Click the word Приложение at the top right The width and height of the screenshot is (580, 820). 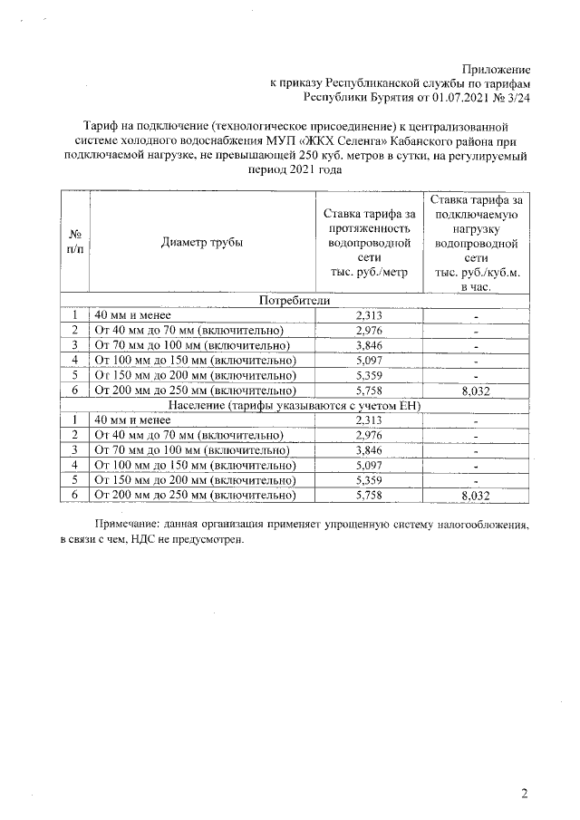pos(496,69)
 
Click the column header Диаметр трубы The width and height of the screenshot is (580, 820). pos(202,242)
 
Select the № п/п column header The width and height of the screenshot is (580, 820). pos(76,242)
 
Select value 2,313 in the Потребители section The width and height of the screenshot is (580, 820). pos(369,315)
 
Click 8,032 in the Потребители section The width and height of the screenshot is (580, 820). pos(475,391)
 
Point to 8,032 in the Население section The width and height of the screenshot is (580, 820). pos(475,496)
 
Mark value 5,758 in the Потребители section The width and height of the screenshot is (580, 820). pos(369,391)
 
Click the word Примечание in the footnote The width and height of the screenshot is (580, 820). pos(129,524)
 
